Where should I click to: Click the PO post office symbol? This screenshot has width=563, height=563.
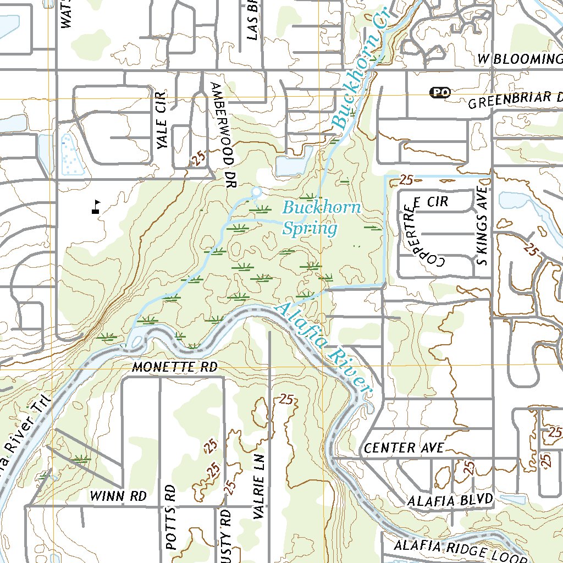click(439, 92)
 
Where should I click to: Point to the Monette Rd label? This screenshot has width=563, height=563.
click(175, 367)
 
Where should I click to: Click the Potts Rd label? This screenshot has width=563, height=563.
click(170, 517)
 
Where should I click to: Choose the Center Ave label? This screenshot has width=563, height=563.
click(404, 448)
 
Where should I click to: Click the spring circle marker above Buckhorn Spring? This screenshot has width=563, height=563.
click(256, 191)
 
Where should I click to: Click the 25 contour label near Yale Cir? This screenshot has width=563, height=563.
click(198, 159)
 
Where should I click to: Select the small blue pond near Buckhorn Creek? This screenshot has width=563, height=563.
click(291, 164)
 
